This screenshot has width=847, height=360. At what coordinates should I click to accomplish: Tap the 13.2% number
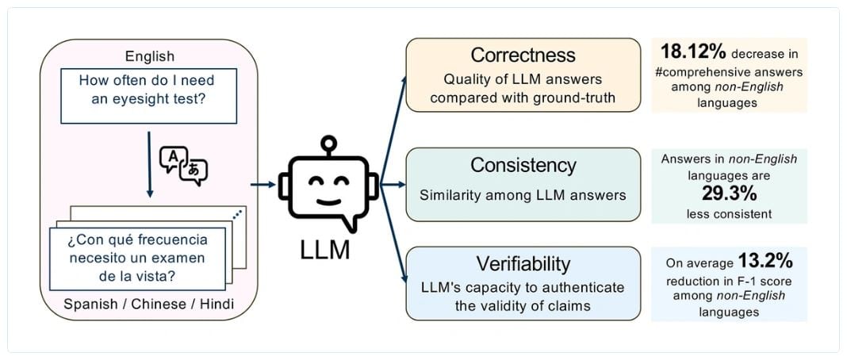766,261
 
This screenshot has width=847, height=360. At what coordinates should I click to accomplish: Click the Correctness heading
523,55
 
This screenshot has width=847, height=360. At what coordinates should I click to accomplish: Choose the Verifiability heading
523,263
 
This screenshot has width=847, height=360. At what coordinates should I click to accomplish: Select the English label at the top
150,56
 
